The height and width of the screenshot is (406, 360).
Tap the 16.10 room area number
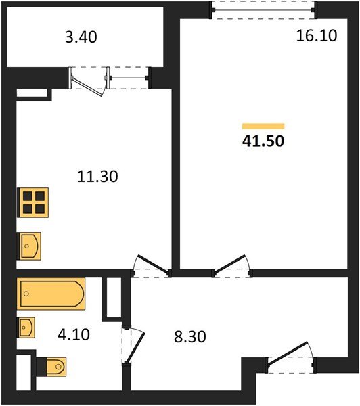click(316, 35)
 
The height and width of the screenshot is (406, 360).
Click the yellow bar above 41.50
click(263, 126)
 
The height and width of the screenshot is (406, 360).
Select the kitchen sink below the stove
click(29, 246)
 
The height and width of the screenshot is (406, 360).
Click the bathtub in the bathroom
click(51, 294)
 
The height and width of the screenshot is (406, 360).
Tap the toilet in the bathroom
click(51, 367)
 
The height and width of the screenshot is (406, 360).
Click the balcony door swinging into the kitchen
click(88, 80)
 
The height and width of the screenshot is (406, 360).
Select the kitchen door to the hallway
click(150, 267)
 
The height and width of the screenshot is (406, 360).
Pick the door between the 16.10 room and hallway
click(232, 267)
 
